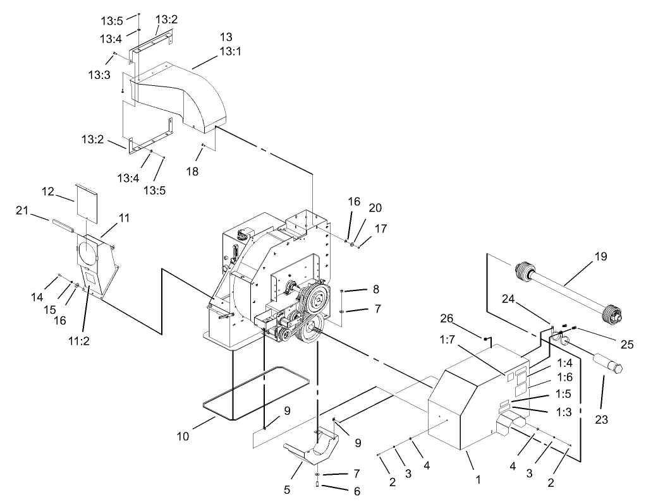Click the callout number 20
pos(375,208)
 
